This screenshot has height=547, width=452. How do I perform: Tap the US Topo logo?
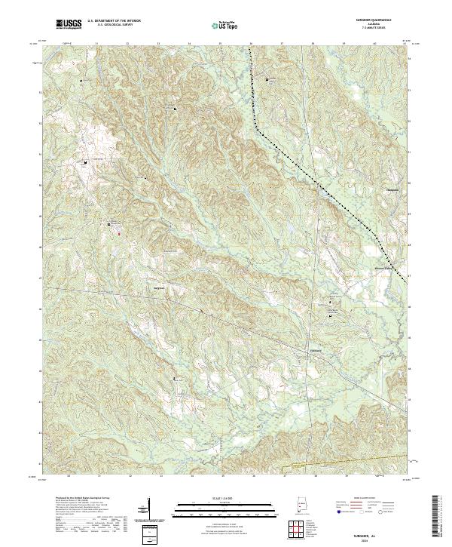coord(225,25)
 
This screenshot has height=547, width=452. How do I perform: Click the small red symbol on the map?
coord(118,232)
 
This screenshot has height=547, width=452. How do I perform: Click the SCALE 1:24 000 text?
coord(225,496)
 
